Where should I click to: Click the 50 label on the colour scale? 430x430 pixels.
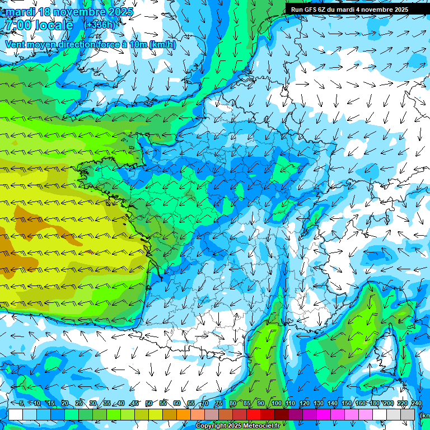[x=149, y=403]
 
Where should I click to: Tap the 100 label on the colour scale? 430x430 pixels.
[x=276, y=403]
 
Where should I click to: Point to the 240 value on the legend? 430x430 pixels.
[x=416, y=403]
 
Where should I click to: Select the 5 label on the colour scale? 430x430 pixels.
[x=21, y=403]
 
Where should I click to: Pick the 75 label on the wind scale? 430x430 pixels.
[x=219, y=403]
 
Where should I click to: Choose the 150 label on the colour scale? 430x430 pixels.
[x=346, y=403]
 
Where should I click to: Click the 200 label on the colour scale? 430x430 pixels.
[x=388, y=403]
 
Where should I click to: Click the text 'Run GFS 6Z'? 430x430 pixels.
[x=309, y=10]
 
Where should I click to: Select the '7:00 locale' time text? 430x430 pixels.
[x=38, y=25]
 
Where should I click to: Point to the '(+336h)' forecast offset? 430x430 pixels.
[x=100, y=25]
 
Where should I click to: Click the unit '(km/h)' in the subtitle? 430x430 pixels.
[x=163, y=45]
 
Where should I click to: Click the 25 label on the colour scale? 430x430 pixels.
[x=79, y=403]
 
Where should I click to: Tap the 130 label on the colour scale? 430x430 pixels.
[x=318, y=403]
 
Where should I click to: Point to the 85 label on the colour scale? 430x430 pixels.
[x=247, y=403]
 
